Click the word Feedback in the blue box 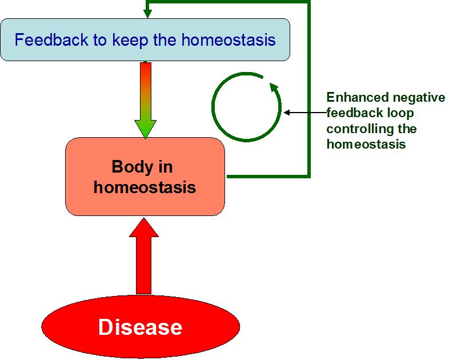tap(51, 39)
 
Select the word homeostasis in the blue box tap(228, 39)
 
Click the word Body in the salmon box tap(133, 167)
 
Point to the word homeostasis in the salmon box tap(145, 187)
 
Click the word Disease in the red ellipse tap(140, 327)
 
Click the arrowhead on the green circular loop tap(274, 87)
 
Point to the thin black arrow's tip tap(284, 112)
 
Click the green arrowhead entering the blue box tap(147, 14)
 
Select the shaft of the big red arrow tap(144, 265)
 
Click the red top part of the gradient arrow tap(146, 76)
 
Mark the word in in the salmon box tap(166, 167)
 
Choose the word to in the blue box tap(100, 40)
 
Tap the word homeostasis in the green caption tap(366, 145)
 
